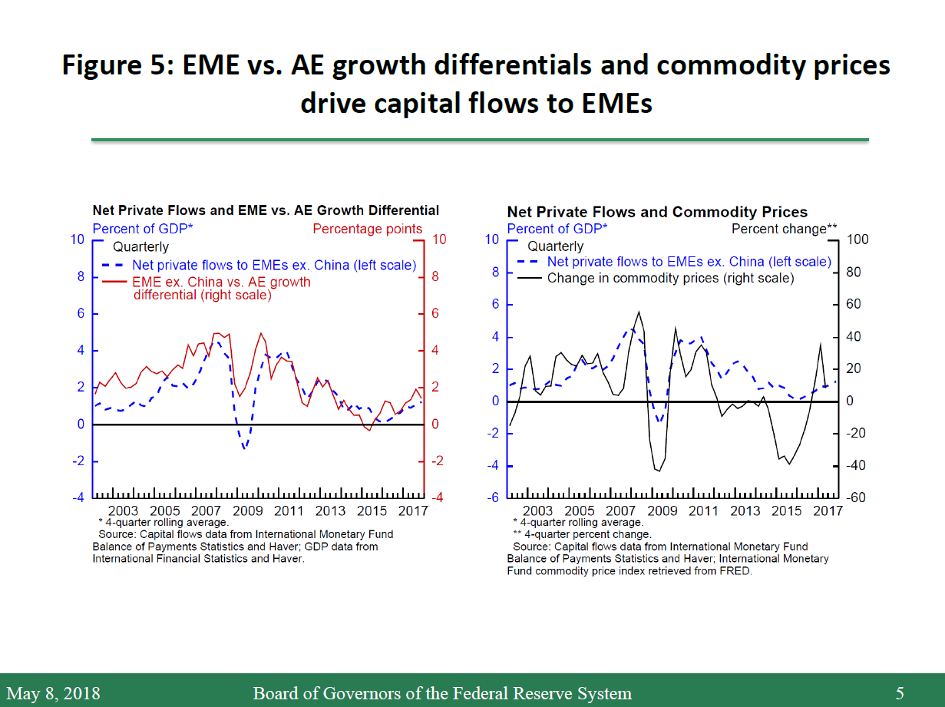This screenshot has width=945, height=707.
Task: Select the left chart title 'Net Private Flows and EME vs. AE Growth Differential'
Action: coord(266,210)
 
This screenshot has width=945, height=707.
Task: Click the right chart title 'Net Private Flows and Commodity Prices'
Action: coord(657,212)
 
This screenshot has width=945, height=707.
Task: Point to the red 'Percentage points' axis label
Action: coord(367,229)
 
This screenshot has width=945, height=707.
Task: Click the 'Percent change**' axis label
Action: coord(784,229)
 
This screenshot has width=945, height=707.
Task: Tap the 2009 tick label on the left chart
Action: coord(247,511)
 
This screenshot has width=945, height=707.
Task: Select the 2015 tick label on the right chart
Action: coord(786,511)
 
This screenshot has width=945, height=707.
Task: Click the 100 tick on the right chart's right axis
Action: coord(857,240)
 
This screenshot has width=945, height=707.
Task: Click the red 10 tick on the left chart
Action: coord(439,240)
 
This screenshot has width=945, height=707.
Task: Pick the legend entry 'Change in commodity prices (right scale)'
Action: coord(670,279)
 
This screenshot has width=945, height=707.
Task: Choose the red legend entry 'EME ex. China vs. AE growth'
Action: coord(221,282)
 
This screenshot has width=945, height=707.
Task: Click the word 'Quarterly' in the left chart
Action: coord(140,247)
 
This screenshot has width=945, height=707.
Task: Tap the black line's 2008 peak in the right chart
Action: coord(639,312)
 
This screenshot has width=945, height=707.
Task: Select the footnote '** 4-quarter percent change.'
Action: coord(581,534)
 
